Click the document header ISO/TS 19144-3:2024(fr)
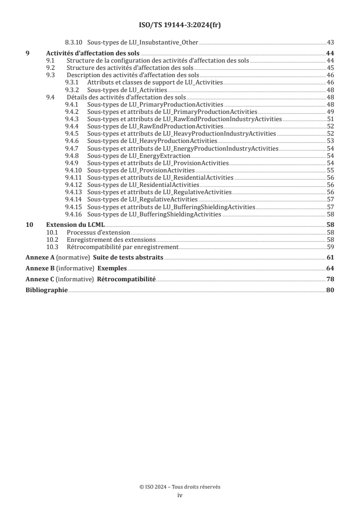(180, 25)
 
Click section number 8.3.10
(74, 43)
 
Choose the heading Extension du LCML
(75, 224)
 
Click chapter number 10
(29, 224)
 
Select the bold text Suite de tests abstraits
(128, 258)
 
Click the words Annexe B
(39, 268)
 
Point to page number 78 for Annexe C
(330, 279)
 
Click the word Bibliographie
(46, 290)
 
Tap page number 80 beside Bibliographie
(330, 290)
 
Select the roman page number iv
(180, 495)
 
